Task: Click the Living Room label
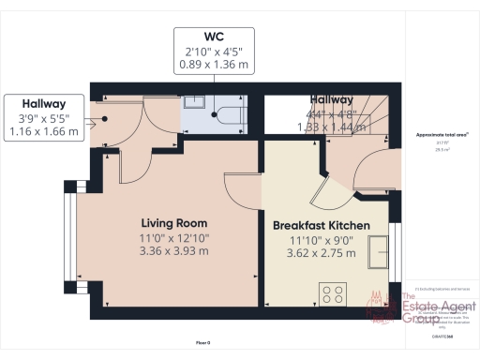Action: click(x=175, y=223)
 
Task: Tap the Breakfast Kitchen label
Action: click(x=321, y=226)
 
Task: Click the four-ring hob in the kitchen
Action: click(x=333, y=293)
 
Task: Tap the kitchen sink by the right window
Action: click(x=380, y=251)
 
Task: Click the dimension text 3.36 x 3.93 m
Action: click(x=175, y=251)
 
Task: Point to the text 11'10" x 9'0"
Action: click(x=321, y=240)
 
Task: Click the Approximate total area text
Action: click(x=442, y=134)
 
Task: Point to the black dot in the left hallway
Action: click(x=106, y=119)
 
